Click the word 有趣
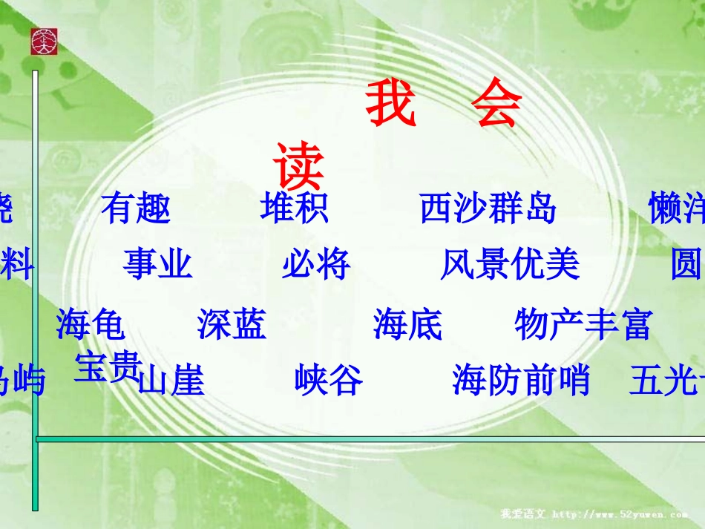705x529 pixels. point(136,208)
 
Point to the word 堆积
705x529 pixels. point(294,208)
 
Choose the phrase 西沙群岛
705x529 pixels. point(488,208)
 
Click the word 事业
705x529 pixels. point(157,264)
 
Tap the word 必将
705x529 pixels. point(315,264)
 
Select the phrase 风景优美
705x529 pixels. point(509,264)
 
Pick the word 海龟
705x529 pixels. point(91,324)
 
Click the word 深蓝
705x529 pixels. point(232,324)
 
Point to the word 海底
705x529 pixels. point(407,324)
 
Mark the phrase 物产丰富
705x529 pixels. point(583,324)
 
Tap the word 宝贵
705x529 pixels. point(107,367)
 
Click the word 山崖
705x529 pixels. point(171,381)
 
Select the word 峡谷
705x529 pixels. point(329,381)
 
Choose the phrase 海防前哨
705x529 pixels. point(521,381)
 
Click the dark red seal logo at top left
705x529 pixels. point(44,42)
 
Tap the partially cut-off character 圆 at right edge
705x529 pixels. point(686,264)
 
